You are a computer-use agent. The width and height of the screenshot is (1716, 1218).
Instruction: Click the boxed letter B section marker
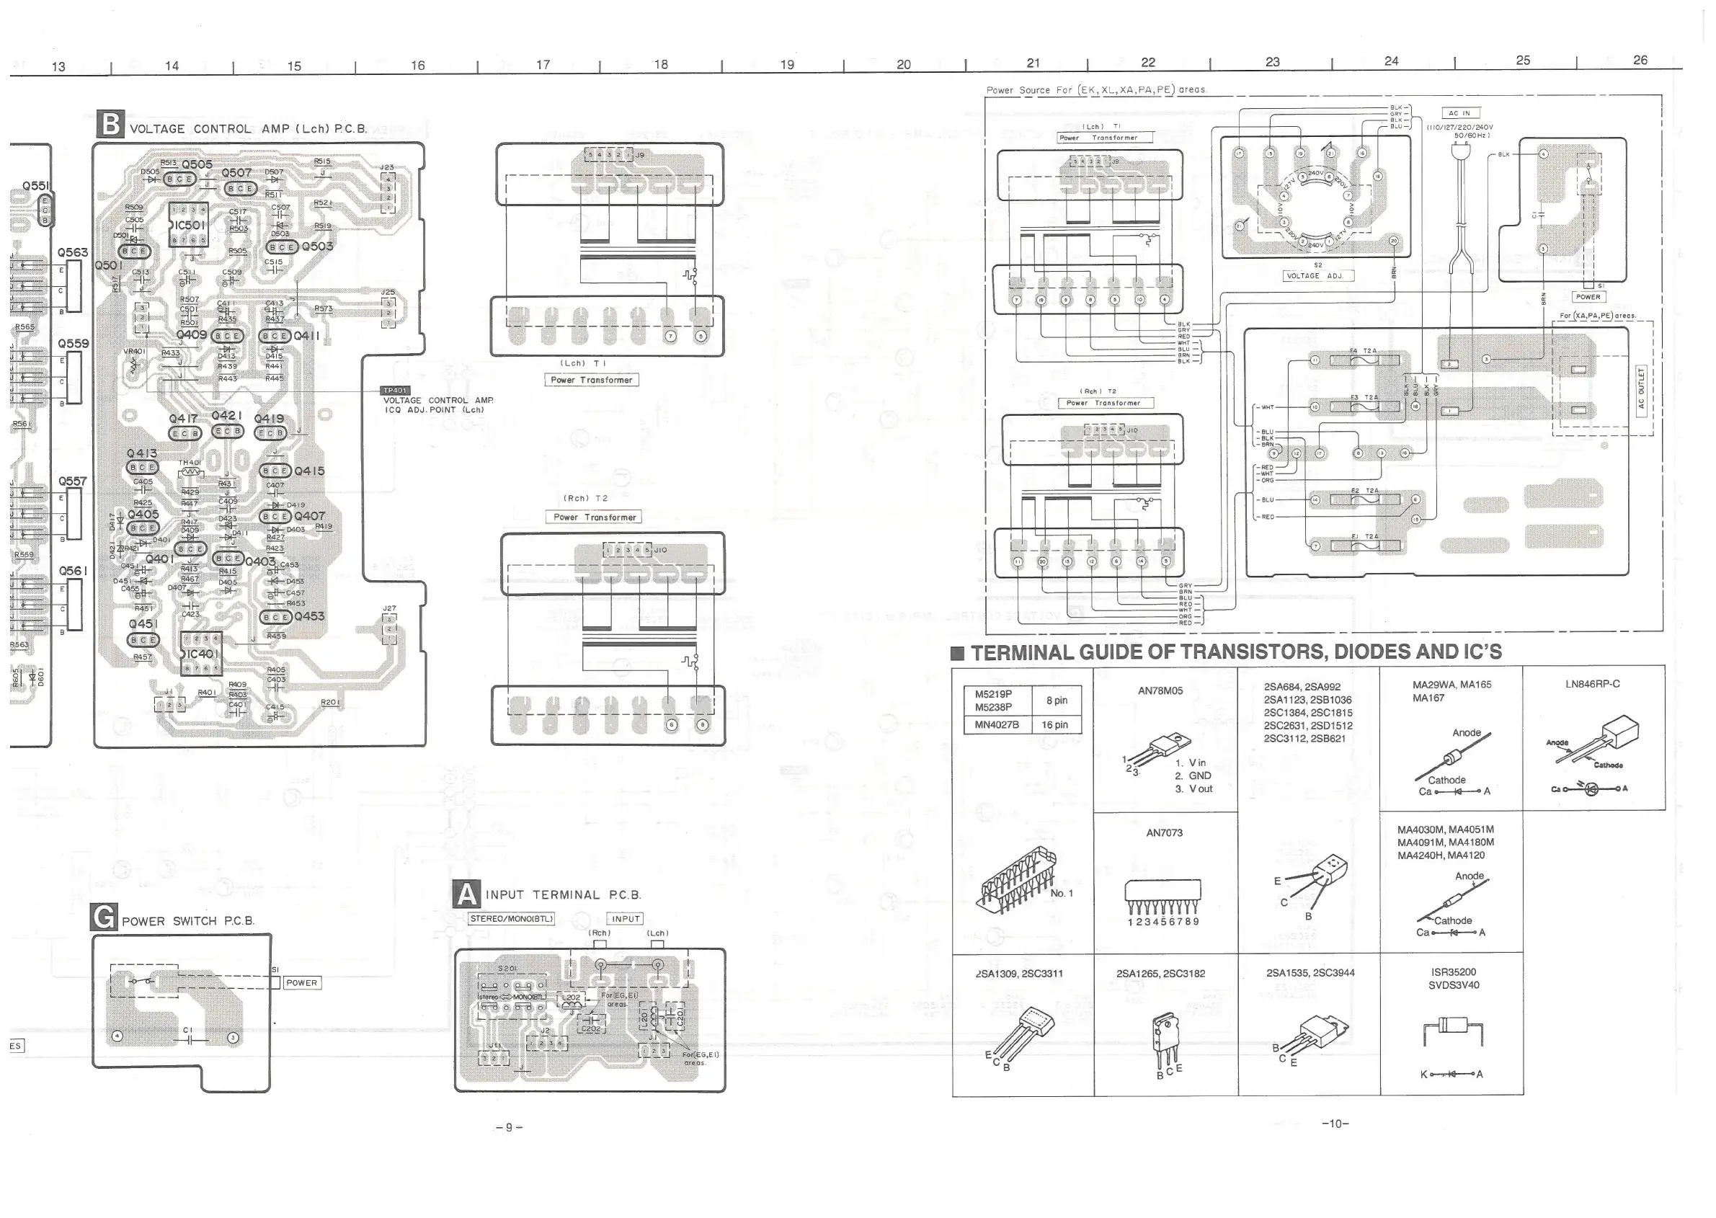[x=110, y=125]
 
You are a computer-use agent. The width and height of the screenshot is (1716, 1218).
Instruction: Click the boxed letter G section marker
[x=104, y=917]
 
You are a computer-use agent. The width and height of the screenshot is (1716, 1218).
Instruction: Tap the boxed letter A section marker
[x=466, y=894]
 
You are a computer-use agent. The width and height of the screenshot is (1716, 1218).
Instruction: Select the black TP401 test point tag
[x=395, y=391]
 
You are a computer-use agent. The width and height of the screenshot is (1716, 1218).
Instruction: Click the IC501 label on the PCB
[x=190, y=225]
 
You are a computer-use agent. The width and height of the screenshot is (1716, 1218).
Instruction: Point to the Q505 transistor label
[x=197, y=164]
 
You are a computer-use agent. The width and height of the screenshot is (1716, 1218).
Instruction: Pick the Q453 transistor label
[x=310, y=616]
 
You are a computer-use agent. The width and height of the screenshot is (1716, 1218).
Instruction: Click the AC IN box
[x=1459, y=113]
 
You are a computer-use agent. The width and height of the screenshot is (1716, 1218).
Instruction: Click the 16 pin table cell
[x=1054, y=724]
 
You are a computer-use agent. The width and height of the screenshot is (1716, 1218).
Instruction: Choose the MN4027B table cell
[x=997, y=724]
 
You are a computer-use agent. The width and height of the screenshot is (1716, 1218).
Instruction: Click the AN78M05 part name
[x=1160, y=690]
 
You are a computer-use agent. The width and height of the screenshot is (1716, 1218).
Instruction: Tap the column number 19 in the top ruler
[x=787, y=64]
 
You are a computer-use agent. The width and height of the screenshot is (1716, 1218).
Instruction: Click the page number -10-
[x=1335, y=1124]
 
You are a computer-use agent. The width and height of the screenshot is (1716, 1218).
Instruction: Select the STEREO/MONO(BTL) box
[x=511, y=919]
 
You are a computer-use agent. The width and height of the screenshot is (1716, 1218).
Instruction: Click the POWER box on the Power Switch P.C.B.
[x=301, y=982]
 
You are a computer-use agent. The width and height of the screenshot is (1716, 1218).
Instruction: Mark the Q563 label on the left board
[x=73, y=253]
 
